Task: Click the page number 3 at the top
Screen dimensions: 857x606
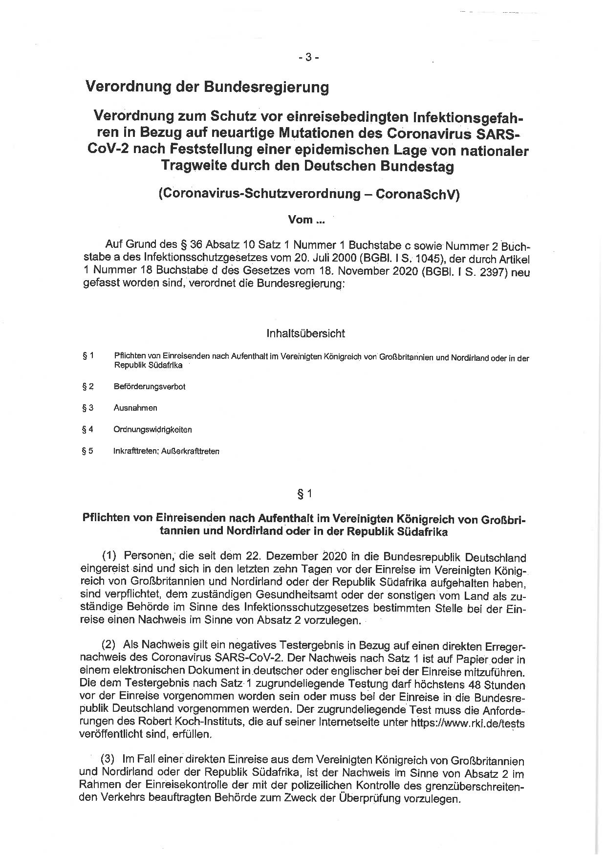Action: [x=308, y=57]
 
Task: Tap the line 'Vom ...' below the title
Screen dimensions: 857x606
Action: [x=306, y=220]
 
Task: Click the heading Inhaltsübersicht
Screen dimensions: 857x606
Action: [x=305, y=333]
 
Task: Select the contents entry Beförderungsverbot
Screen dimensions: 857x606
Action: [x=149, y=387]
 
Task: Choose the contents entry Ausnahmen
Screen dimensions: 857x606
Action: [x=135, y=408]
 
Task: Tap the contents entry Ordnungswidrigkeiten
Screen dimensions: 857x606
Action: [x=152, y=430]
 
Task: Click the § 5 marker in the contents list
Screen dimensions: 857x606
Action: [x=88, y=451]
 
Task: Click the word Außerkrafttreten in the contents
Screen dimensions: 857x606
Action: [x=190, y=451]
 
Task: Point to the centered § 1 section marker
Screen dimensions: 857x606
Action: [x=304, y=494]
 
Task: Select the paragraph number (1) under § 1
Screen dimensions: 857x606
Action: [x=109, y=556]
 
